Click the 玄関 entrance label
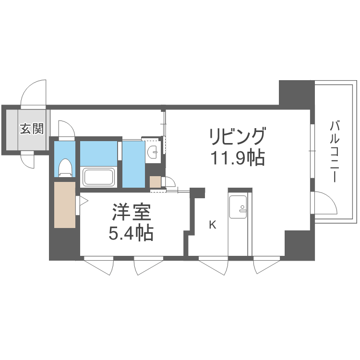pyautogui.click(x=32, y=129)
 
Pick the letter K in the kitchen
pyautogui.click(x=213, y=224)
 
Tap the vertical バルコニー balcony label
pyautogui.click(x=335, y=151)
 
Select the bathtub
pyautogui.click(x=99, y=177)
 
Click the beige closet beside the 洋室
pyautogui.click(x=65, y=204)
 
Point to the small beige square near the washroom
pyautogui.click(x=155, y=182)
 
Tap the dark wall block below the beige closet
pyautogui.click(x=65, y=244)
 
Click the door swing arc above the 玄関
pyautogui.click(x=34, y=92)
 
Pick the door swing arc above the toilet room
pyautogui.click(x=66, y=128)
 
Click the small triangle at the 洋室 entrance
pyautogui.click(x=82, y=200)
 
